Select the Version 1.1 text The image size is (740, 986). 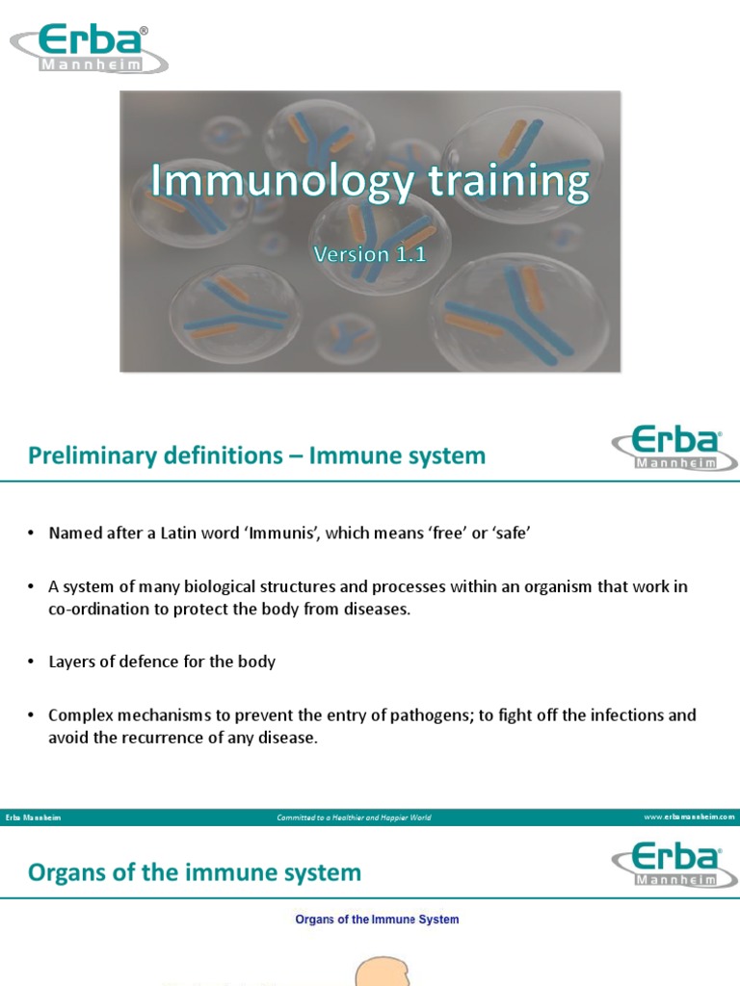click(x=369, y=254)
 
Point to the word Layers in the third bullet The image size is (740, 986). click(x=71, y=662)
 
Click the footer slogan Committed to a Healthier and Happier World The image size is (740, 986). click(x=354, y=817)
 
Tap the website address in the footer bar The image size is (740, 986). click(x=688, y=817)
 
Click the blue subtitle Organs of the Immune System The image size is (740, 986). click(x=376, y=920)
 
